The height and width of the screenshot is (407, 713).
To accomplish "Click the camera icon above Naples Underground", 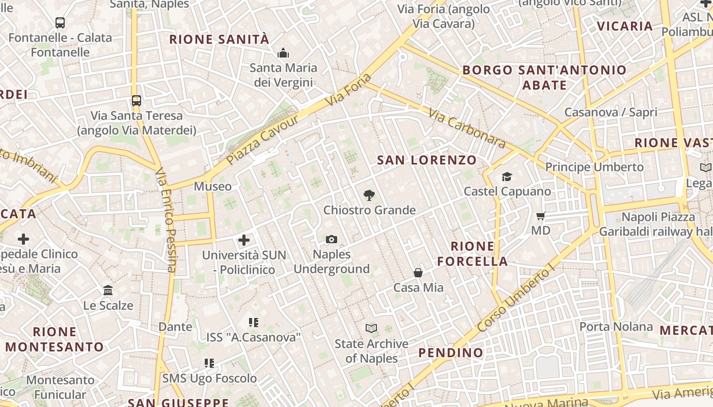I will [x=332, y=239].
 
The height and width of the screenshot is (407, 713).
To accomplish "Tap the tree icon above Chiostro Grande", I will [x=369, y=195].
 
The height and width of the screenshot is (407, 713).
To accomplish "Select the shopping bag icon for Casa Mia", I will [x=418, y=273].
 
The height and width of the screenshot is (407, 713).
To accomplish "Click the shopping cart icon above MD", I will [x=541, y=216].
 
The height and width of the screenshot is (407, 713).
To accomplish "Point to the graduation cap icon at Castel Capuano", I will [x=507, y=177].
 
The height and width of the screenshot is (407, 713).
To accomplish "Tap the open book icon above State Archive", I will [x=372, y=329].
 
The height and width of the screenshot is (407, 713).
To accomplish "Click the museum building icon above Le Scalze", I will [x=108, y=290].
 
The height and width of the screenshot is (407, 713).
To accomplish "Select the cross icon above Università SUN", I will [x=244, y=240].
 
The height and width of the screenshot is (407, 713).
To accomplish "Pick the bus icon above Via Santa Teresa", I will [x=136, y=100].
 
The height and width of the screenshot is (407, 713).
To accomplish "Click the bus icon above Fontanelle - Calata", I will [x=60, y=22].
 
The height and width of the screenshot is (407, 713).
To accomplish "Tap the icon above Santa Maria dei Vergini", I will [x=283, y=53].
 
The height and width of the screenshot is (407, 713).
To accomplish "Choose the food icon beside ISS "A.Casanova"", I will [x=253, y=322].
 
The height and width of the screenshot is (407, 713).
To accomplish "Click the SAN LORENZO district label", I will [x=427, y=160].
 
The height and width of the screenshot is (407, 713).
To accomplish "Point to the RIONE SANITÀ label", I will [x=219, y=40].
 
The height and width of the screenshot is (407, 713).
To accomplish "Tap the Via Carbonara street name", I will [x=467, y=128].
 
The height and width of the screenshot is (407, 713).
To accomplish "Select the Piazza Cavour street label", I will [x=263, y=140].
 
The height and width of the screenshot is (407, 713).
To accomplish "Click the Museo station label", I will [x=213, y=186].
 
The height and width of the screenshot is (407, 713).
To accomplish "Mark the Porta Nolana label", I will [x=616, y=326].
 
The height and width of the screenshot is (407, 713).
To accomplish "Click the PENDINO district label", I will [x=451, y=353].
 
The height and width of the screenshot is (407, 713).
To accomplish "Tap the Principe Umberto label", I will [x=594, y=167].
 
